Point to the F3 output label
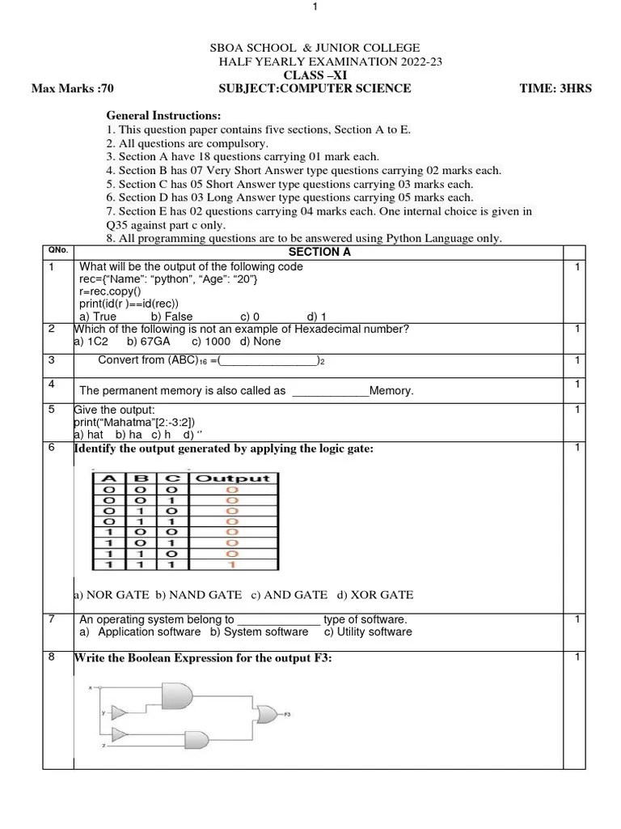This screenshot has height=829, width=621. (x=287, y=715)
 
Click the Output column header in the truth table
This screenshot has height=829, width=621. (x=232, y=478)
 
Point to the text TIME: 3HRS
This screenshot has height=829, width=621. (x=556, y=88)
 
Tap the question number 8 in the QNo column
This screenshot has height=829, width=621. (x=52, y=657)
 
